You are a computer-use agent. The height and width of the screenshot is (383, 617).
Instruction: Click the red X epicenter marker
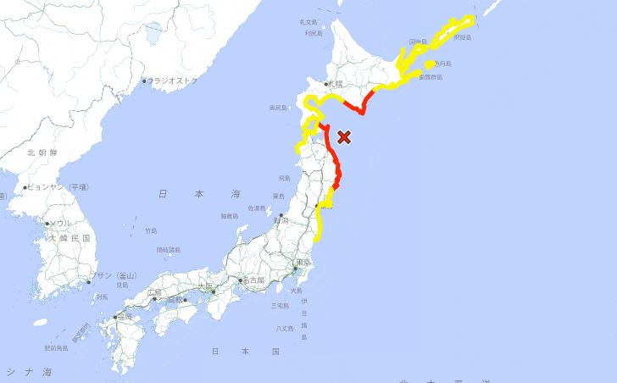[x=344, y=136]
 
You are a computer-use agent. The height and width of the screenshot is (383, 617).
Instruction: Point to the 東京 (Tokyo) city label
[x=302, y=264]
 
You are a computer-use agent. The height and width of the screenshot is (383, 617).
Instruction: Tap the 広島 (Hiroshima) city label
[x=153, y=292]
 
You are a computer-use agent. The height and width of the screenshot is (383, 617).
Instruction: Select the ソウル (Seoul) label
[x=60, y=223]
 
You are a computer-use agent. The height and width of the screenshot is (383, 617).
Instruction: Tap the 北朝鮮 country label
[x=41, y=153]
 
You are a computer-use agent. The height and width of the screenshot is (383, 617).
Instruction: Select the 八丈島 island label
[x=285, y=327]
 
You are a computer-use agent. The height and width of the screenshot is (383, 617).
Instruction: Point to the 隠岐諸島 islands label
[x=168, y=250]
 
